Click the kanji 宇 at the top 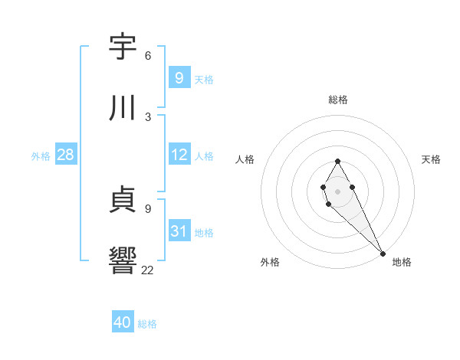[x=123, y=47]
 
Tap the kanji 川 [x=123, y=109]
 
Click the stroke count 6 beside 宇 [x=148, y=55]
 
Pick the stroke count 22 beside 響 [x=148, y=270]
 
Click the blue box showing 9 [x=179, y=78]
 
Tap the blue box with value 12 [x=179, y=155]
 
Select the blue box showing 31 [x=179, y=231]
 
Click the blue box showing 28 [x=65, y=155]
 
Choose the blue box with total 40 [x=122, y=323]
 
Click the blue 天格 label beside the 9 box [x=204, y=80]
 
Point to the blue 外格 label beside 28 [x=41, y=156]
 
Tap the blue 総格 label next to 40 [x=147, y=325]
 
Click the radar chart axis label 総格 [x=338, y=100]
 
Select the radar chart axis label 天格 [x=431, y=159]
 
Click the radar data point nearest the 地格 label [x=383, y=254]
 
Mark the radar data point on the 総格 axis [x=337, y=161]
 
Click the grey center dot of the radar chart [x=337, y=191]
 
